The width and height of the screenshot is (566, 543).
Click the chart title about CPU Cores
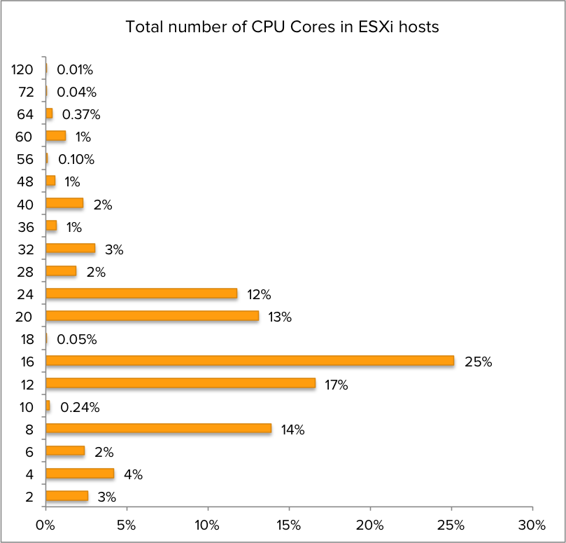(x=282, y=27)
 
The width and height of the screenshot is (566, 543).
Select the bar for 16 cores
(x=250, y=362)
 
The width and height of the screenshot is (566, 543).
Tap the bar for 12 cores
(x=181, y=384)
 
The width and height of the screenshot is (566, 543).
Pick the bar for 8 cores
(x=158, y=429)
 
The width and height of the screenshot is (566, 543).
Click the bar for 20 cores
(x=152, y=316)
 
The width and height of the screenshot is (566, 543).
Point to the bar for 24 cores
(x=141, y=294)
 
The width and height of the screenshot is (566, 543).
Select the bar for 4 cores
(x=80, y=474)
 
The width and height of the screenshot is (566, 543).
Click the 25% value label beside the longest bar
(x=479, y=362)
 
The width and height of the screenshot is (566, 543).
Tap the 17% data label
(x=336, y=385)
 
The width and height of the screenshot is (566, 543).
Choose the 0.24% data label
(x=80, y=407)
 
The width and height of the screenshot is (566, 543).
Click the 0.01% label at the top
(x=75, y=69)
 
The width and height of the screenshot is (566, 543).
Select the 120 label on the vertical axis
(x=24, y=69)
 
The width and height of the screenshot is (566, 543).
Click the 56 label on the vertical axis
(x=25, y=159)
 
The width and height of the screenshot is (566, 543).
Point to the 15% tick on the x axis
(x=288, y=525)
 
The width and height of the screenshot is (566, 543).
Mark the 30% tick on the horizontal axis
(x=532, y=525)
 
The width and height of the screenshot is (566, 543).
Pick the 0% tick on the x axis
(x=45, y=525)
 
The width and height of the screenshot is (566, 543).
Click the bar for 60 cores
(x=55, y=136)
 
